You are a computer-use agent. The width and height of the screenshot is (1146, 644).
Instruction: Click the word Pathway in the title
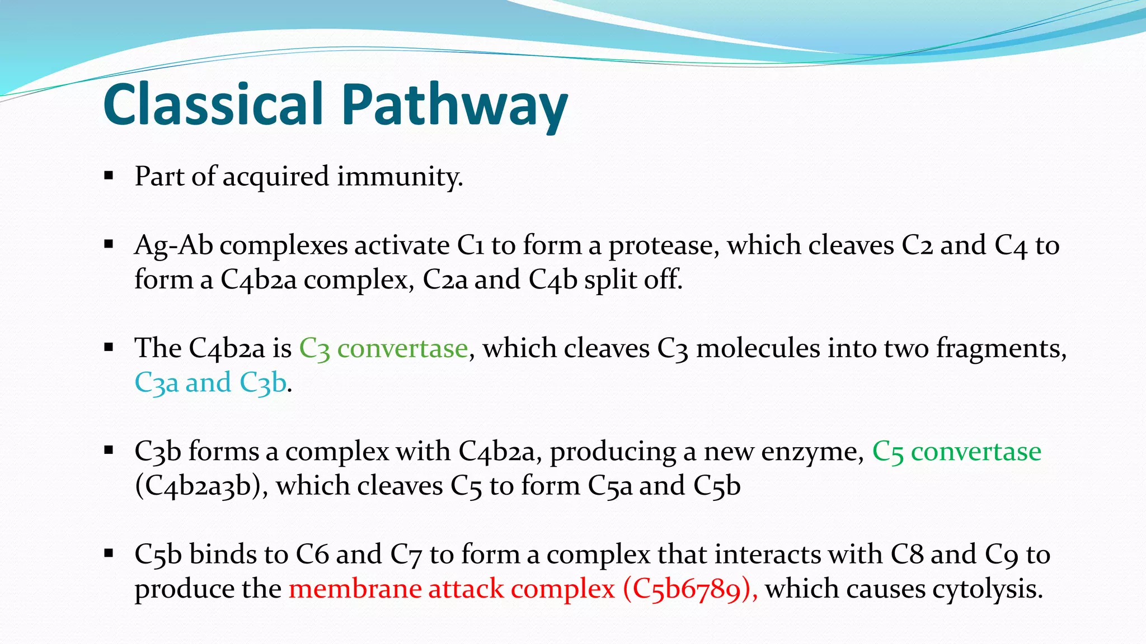[454, 106]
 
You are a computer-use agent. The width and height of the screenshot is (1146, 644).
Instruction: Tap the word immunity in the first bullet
[400, 177]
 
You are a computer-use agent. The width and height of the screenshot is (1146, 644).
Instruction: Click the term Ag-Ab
[173, 246]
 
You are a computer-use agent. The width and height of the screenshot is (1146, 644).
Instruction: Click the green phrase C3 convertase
[383, 349]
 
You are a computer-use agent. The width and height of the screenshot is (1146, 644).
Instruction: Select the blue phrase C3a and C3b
[210, 383]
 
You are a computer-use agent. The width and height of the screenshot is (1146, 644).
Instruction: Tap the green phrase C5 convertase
[956, 452]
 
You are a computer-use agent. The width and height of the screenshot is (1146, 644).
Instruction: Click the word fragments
[1001, 349]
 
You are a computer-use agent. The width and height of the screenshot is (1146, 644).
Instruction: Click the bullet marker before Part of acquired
[109, 177]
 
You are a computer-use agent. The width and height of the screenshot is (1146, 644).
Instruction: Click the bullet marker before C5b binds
[109, 554]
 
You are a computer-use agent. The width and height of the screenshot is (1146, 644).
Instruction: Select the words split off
[633, 280]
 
